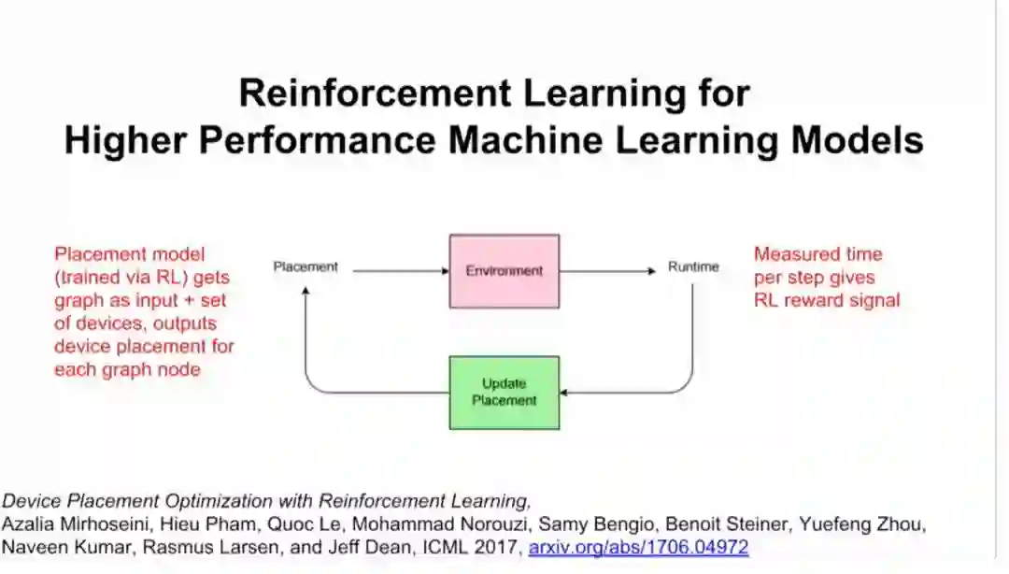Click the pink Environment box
504,271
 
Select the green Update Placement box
504,392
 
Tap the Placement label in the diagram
306,267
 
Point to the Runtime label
693,267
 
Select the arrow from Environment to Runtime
607,271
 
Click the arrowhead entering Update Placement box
566,393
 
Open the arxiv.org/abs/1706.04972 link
638,547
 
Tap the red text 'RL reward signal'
827,300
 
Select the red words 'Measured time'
817,254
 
